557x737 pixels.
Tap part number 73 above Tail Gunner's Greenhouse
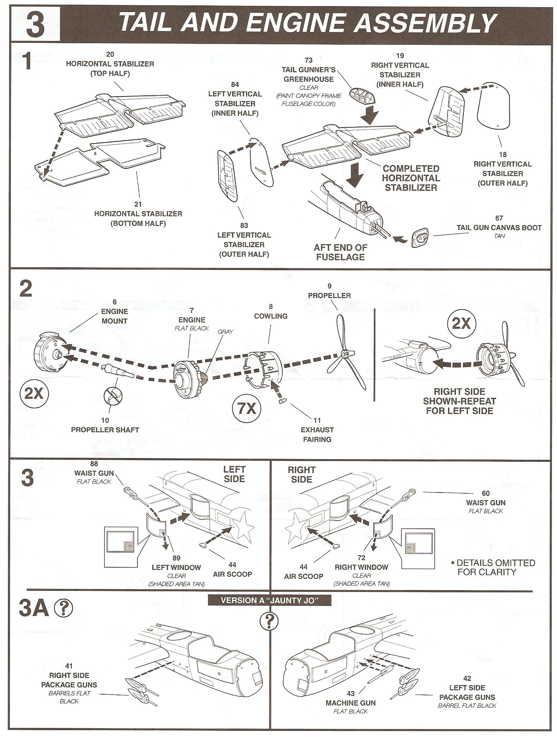[x=309, y=60]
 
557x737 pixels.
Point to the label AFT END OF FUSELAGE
[x=340, y=252]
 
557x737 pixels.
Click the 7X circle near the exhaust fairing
[x=247, y=409]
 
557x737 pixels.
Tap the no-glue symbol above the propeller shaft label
[x=113, y=396]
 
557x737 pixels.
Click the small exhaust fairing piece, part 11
[x=282, y=401]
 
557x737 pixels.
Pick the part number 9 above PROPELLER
[x=329, y=286]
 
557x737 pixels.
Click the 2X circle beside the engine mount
[x=34, y=394]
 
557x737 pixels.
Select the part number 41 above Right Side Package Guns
[x=69, y=666]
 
